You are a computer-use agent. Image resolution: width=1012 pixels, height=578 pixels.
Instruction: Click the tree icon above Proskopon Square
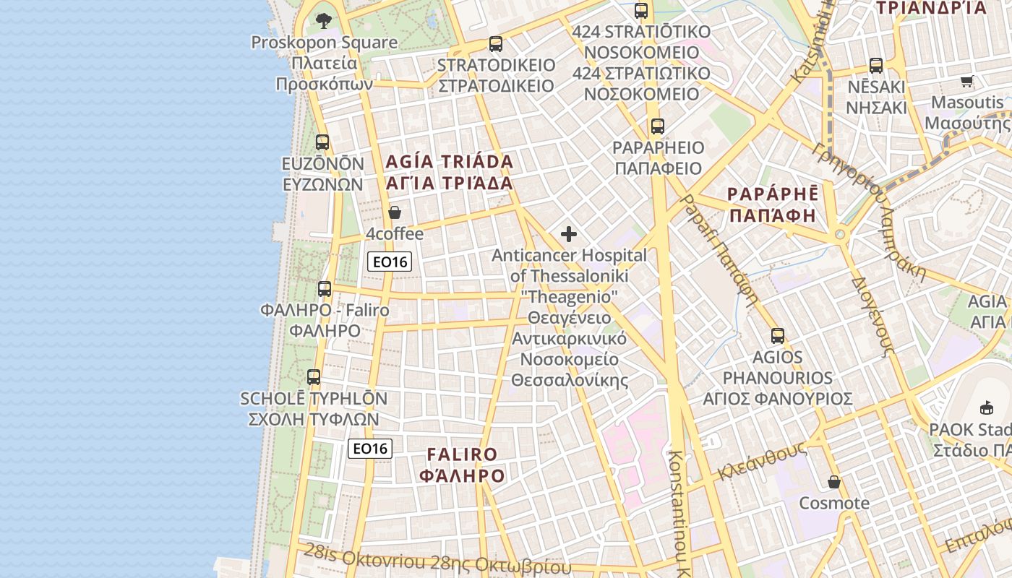[x=324, y=20]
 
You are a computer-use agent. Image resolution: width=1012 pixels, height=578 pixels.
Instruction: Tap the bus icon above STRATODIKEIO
[x=495, y=44]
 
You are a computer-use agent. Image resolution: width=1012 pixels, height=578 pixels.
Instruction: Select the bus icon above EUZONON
[x=322, y=142]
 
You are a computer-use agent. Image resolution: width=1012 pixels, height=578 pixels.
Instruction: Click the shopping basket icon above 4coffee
[x=395, y=212]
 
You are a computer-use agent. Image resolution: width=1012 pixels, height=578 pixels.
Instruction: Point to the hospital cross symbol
[x=569, y=234]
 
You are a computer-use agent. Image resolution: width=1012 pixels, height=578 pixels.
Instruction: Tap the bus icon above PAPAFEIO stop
[x=657, y=126]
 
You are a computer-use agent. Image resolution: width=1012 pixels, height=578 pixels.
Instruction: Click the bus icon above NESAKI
[x=876, y=66]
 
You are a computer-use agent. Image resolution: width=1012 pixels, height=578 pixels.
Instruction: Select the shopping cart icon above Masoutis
[x=967, y=81]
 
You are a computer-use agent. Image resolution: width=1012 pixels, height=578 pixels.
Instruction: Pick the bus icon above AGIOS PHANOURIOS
[x=778, y=336]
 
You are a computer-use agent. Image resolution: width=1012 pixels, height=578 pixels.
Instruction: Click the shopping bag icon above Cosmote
[x=834, y=482]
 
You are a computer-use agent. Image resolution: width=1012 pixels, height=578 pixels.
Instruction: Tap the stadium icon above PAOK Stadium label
[x=987, y=408]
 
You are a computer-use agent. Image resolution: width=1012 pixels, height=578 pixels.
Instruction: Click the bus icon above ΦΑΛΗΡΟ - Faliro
[x=325, y=289]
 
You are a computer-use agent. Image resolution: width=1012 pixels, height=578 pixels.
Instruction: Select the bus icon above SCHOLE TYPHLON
[x=313, y=377]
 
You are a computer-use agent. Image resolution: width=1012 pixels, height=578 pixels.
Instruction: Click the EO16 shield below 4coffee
[x=390, y=262]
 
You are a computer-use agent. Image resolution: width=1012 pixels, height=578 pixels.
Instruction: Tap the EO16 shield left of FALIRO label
[x=370, y=449]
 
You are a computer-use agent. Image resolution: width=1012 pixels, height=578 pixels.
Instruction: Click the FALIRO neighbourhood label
[x=463, y=465]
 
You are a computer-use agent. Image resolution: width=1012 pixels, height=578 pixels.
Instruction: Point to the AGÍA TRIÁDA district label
[x=450, y=172]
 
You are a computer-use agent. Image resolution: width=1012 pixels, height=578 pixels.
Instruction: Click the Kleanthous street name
[x=762, y=462]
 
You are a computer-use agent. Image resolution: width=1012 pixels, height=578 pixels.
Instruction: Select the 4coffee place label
[x=395, y=234]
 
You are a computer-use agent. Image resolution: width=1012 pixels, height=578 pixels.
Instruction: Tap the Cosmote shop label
[x=834, y=503]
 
